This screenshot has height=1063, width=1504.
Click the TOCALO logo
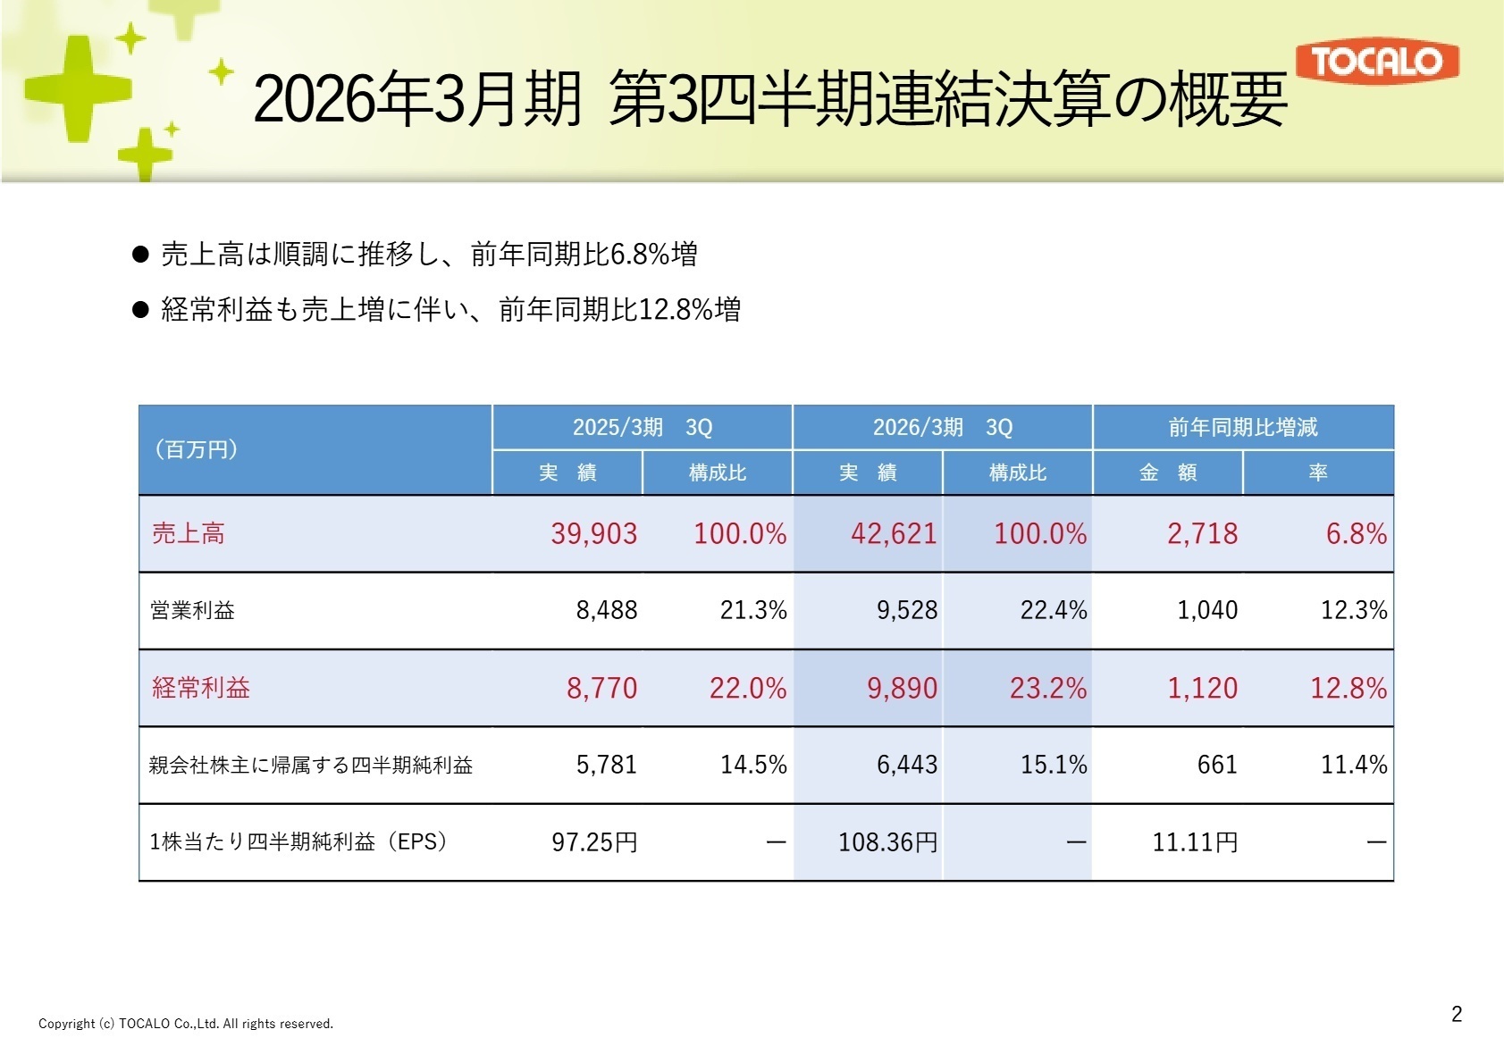1376,62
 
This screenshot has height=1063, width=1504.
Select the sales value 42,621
893,534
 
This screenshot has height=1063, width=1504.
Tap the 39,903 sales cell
593,534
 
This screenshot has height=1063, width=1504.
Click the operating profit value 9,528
906,610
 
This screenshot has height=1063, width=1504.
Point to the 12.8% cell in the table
1348,688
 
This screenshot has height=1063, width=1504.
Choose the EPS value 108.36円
887,842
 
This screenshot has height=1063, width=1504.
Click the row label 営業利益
192,610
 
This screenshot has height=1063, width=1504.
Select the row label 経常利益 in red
200,688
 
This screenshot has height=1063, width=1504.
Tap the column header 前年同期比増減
1242,427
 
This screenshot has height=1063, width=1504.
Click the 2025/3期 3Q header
642,427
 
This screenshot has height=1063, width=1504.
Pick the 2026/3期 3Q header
942,427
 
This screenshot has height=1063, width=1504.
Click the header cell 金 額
1167,473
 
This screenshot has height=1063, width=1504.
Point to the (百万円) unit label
196,449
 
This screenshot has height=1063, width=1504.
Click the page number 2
1456,1014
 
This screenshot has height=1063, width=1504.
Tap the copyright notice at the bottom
185,1024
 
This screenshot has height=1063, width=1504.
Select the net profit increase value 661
1216,765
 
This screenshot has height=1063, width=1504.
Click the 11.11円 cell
1194,842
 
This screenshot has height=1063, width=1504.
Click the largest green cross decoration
79,88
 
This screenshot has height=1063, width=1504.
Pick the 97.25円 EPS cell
593,842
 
